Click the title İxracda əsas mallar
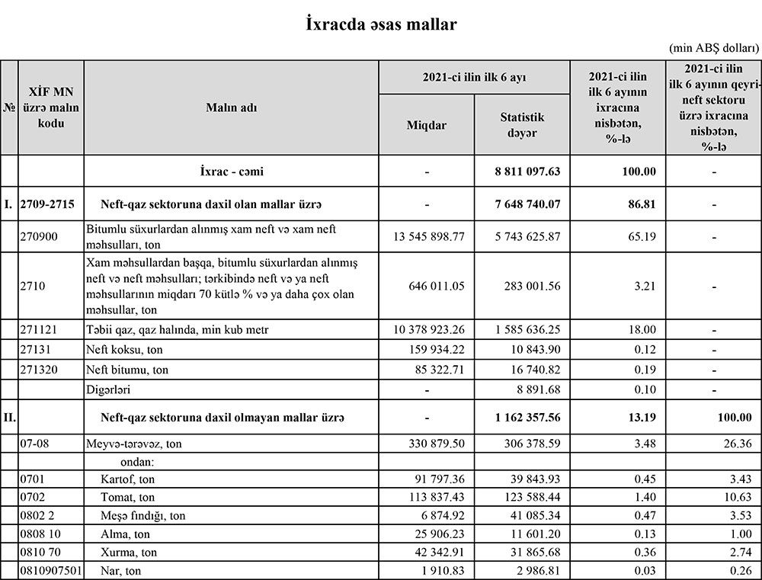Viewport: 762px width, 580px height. (380, 24)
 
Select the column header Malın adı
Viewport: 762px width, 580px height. (232, 107)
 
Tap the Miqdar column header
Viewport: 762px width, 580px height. (427, 124)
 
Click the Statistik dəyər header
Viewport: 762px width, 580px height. (522, 124)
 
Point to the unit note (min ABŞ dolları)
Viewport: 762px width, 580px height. (715, 48)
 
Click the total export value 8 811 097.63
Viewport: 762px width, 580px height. (527, 171)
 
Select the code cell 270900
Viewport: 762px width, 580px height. (38, 237)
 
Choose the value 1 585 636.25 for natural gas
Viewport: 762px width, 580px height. (527, 329)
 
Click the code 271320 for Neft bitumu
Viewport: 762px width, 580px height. (38, 370)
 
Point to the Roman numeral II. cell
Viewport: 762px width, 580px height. (9, 417)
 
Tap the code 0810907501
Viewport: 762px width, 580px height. (50, 569)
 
